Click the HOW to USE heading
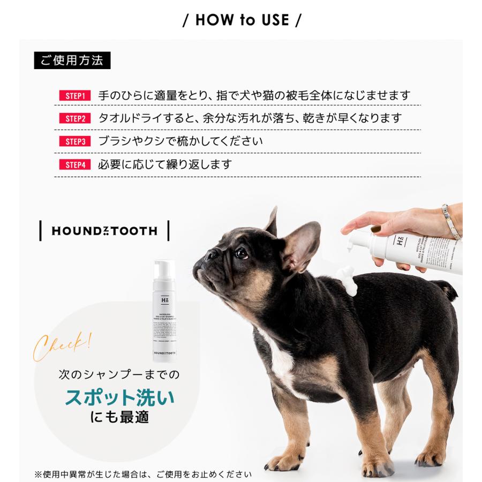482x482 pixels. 242,20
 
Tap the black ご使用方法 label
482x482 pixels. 72,60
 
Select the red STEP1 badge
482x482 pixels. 75,96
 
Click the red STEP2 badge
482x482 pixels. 75,119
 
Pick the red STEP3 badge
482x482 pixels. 75,142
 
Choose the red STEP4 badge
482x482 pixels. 75,165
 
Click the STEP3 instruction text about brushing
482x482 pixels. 180,142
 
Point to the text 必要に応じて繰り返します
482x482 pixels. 165,164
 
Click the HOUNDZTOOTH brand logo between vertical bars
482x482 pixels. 104,231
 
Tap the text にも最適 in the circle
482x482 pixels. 119,418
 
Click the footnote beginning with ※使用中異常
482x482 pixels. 143,474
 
